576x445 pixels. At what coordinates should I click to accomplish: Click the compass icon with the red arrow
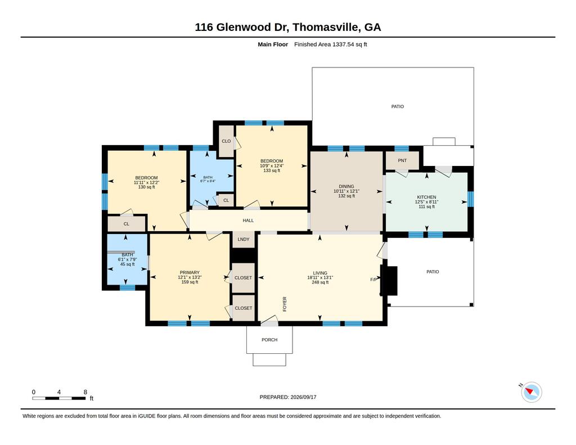pos(531,392)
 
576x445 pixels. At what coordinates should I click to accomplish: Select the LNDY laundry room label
pos(243,239)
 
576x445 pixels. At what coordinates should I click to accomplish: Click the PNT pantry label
pos(402,160)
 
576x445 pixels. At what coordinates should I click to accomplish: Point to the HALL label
pos(248,221)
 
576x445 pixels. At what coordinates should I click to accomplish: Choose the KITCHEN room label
pos(426,197)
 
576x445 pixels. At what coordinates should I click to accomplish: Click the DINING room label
pos(346,186)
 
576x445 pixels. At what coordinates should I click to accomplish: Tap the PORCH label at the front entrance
pos(269,340)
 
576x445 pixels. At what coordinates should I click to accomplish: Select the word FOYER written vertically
pos(285,304)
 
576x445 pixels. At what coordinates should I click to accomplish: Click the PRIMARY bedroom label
pos(190,273)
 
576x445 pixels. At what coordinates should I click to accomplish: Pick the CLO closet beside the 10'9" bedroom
pos(226,141)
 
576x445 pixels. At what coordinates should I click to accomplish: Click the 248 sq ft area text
pos(320,282)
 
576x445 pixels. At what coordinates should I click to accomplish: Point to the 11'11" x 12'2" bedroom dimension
pos(146,182)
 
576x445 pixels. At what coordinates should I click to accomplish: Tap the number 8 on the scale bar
pos(85,392)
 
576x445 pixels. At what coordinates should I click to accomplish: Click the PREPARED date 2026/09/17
pos(303,397)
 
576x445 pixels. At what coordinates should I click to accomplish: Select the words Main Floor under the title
pos(273,44)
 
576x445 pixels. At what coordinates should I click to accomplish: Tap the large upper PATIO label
pos(398,106)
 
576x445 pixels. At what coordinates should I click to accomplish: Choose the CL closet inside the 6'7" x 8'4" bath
pos(226,200)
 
